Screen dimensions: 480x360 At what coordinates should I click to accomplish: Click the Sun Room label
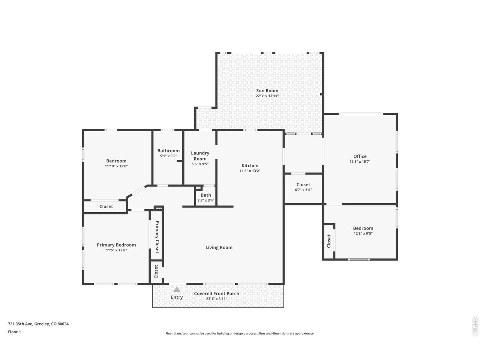[x=267, y=90]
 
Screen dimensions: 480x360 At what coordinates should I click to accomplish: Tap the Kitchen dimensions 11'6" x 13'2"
[x=250, y=171]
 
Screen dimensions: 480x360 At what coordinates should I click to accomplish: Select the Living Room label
[x=219, y=247]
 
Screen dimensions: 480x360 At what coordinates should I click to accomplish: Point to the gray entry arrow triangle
[x=177, y=289]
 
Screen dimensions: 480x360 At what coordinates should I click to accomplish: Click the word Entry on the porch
[x=177, y=297]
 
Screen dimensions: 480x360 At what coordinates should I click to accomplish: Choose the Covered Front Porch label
[x=216, y=294]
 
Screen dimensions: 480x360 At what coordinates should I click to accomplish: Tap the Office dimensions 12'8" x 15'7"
[x=360, y=162]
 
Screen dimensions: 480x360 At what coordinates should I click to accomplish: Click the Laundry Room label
[x=200, y=156]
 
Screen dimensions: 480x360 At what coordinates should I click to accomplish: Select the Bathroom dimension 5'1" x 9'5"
[x=168, y=156]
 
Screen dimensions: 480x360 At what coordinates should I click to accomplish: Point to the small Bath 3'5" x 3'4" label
[x=206, y=197]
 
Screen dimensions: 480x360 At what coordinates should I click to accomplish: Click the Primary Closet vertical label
[x=157, y=237]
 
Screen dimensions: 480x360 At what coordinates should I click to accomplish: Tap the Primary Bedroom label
[x=116, y=245]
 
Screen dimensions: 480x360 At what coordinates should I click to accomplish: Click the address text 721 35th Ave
[x=20, y=324]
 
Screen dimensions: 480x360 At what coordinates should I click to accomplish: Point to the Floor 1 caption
[x=14, y=332]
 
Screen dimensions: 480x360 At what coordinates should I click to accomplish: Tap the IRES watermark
[x=474, y=327]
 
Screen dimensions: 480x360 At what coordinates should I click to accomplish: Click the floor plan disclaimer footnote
[x=240, y=333]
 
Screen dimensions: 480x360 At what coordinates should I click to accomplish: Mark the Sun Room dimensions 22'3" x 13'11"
[x=267, y=96]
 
